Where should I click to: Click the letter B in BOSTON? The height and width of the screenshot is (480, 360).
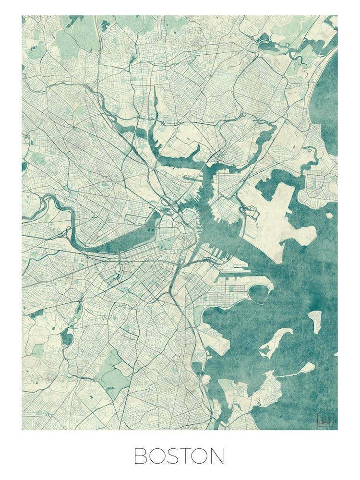[x=140, y=456]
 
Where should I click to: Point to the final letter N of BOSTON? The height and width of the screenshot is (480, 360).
[x=217, y=456]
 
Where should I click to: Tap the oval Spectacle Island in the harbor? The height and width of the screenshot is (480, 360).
[x=315, y=320]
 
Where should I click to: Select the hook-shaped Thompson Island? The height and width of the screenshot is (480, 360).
[x=276, y=341]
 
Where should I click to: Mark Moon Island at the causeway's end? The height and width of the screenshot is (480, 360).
[x=306, y=368]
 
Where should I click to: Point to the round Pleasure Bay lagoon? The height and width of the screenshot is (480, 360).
[x=260, y=293]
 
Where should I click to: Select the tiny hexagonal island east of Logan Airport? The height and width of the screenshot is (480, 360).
[x=329, y=216]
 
